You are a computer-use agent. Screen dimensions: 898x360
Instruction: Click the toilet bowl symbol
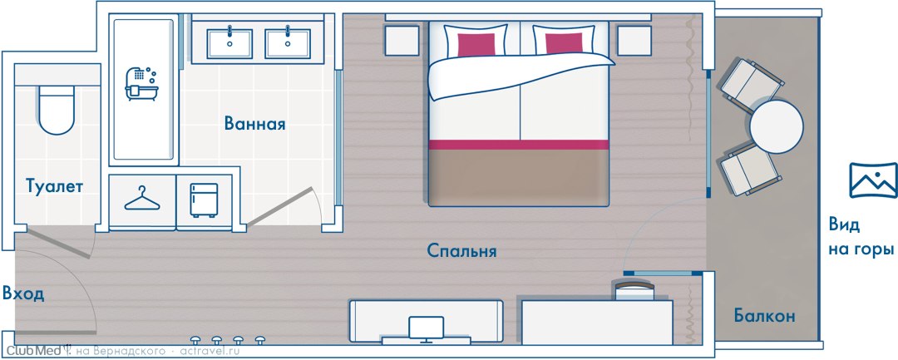[57, 110]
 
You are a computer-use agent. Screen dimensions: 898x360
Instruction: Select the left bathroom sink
[229, 43]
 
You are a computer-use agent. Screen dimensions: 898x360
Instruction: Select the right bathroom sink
[288, 43]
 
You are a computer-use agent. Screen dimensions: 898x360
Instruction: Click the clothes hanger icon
[142, 199]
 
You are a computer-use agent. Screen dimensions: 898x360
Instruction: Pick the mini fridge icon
[204, 200]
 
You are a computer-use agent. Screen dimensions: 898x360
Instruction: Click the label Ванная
[255, 124]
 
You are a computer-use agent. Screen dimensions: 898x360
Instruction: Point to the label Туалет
[54, 186]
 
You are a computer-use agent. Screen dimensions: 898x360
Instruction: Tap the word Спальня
[461, 251]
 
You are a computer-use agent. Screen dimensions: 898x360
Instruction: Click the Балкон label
[765, 315]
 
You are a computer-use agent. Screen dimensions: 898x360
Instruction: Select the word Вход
[23, 295]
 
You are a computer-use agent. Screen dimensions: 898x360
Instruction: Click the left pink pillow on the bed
[476, 44]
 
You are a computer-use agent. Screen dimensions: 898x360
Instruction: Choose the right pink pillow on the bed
[564, 44]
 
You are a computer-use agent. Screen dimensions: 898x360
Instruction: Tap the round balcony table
[777, 126]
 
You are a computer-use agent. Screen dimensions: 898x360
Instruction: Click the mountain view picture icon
[873, 180]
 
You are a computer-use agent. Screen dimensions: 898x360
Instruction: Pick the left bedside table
[402, 41]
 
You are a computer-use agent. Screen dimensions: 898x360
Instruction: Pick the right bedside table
[634, 41]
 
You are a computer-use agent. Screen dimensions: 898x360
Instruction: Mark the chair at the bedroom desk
[634, 289]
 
